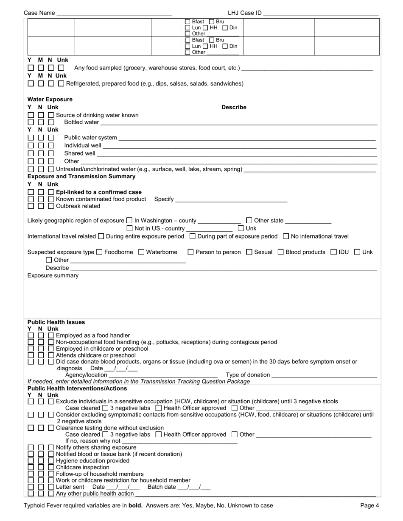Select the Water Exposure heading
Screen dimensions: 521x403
coord(50,100)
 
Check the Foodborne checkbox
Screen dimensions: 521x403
coord(99,252)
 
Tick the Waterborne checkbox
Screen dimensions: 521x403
coord(141,252)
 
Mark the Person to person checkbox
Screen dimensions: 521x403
coord(190,252)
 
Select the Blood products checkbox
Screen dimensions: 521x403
coord(281,252)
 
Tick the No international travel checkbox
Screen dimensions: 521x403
coord(286,236)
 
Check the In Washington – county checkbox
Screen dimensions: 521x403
coord(129,221)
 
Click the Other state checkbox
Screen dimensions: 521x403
coord(249,221)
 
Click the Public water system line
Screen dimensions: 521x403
coord(247,138)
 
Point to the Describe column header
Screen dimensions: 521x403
coord(234,108)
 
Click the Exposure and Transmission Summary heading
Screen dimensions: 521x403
coord(81,177)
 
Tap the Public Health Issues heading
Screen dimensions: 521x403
coord(56,322)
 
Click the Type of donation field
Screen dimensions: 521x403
coord(324,375)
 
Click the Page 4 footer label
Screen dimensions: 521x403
coord(369,505)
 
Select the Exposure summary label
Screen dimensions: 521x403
coord(53,276)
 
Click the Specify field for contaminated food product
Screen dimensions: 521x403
coord(231,200)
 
